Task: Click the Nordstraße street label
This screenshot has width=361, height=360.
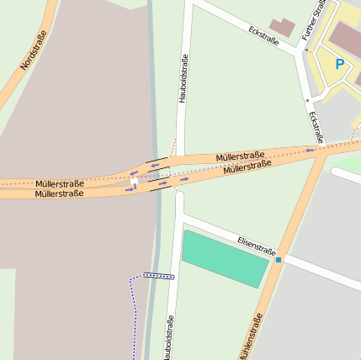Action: coord(35,50)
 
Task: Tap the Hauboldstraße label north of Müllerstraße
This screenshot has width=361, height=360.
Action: coord(183,78)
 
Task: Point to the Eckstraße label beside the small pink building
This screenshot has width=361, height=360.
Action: coord(264,35)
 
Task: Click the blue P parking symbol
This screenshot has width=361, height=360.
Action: coord(340,64)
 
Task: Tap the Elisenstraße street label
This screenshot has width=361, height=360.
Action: coord(257,245)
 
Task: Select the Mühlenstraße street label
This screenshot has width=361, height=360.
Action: coord(251,336)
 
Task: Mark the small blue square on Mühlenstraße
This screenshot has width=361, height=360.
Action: coord(279,260)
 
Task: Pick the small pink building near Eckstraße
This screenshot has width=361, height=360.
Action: coord(283,27)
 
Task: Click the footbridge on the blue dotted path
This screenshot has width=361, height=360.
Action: coord(158,275)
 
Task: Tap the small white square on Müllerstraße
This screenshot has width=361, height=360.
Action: coord(134,181)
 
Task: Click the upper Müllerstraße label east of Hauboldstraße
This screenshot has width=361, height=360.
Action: coord(240,156)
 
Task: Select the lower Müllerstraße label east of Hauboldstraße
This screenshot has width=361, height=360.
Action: coord(247,168)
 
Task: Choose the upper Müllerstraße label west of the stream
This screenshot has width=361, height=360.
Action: coord(60,183)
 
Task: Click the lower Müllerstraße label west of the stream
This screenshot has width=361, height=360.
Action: coord(59,194)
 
